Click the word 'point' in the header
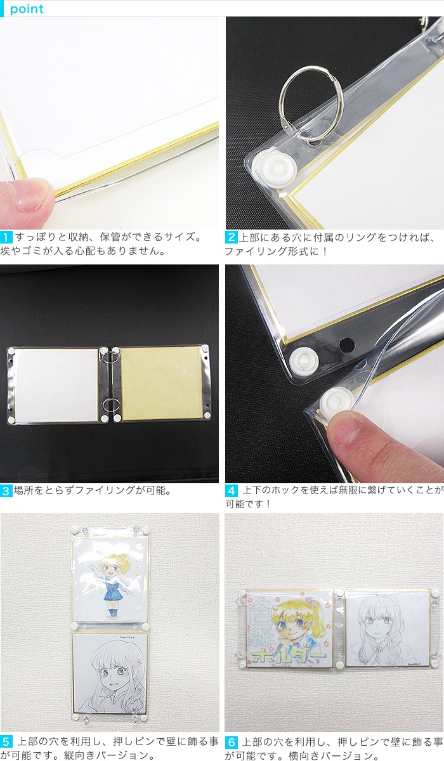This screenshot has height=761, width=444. pos(27,9)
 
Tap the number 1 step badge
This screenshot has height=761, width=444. pos(6,237)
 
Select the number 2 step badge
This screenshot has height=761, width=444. pos(231,237)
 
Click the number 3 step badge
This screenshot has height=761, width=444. pos(6,491)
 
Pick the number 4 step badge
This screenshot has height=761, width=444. pos(231,491)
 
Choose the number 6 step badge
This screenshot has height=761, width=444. pos(231,743)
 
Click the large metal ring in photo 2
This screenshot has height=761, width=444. pos(283,102)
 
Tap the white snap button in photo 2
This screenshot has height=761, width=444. pos(278,169)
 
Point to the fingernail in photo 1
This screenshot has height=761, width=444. pos(32,198)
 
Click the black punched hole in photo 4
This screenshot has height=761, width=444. pos(347,344)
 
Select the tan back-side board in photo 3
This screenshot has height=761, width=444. pos(162,383)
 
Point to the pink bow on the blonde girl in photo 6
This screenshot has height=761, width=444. pos(311,602)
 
